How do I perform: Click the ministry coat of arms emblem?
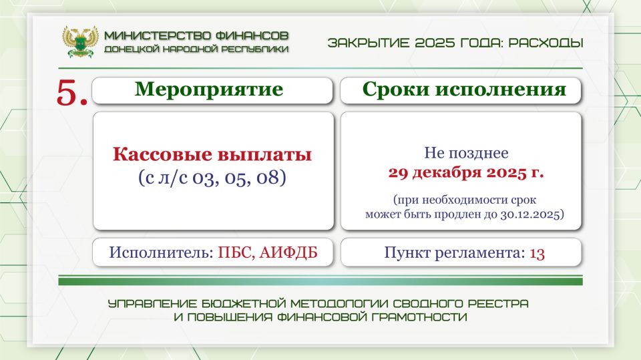pos(80,41)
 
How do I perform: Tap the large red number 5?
pos(71,93)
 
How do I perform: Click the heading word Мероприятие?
pos(209,90)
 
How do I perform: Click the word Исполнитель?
pos(160,253)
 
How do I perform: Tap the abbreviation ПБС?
pos(233,253)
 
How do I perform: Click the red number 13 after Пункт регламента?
pos(538,253)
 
